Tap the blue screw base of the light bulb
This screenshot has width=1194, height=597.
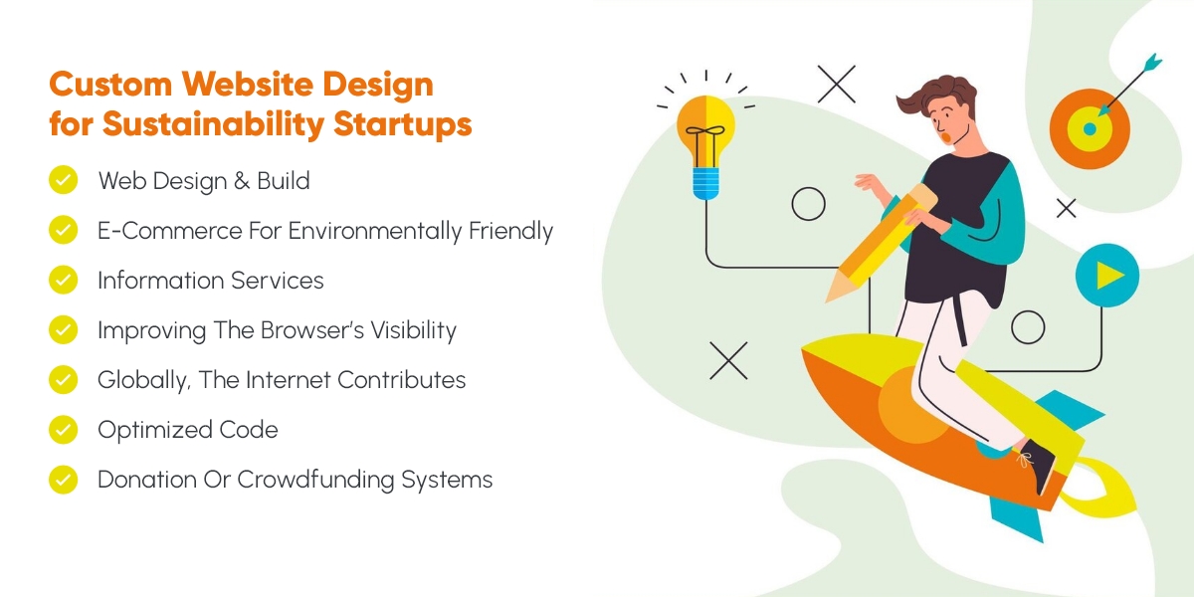click(706, 183)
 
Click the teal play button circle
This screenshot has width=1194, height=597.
click(1107, 275)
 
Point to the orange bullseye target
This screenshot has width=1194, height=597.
click(1090, 129)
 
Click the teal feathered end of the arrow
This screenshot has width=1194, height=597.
click(1152, 63)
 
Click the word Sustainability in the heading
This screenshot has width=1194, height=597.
click(213, 123)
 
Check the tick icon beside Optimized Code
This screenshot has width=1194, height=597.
click(63, 430)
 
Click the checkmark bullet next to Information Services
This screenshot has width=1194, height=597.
click(63, 280)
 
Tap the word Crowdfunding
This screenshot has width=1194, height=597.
click(314, 480)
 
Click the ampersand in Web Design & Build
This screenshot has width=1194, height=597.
click(241, 181)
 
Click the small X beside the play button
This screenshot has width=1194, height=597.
click(1066, 208)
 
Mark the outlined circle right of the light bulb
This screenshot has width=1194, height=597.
click(808, 204)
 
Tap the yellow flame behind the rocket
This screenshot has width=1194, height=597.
click(1100, 488)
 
